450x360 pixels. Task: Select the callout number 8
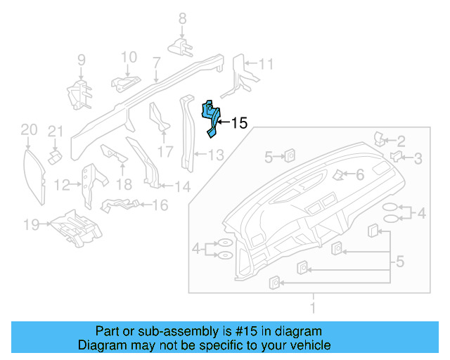click(181, 18)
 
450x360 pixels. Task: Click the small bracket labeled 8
click(181, 46)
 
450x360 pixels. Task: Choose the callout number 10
click(129, 57)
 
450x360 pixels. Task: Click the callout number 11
click(265, 65)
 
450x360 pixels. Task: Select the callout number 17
click(165, 151)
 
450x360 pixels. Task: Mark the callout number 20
click(28, 129)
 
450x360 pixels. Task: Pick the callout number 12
click(62, 186)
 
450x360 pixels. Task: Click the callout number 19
click(30, 225)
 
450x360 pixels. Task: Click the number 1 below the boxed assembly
click(313, 307)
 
